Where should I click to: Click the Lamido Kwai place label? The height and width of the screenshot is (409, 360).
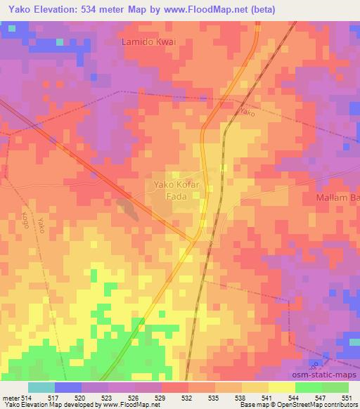click(x=148, y=42)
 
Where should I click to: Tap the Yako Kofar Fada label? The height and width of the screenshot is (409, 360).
click(x=176, y=191)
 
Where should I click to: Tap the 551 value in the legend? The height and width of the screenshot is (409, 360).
click(x=348, y=398)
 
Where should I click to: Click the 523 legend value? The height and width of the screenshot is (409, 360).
click(x=107, y=398)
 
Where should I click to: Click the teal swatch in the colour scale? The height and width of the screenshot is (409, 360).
click(x=41, y=387)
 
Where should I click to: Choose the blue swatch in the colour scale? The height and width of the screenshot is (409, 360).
click(x=67, y=387)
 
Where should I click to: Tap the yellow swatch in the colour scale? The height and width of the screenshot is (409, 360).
click(x=281, y=387)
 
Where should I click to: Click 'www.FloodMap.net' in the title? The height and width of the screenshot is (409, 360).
click(x=205, y=9)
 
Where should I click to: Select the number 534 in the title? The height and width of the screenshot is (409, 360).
click(x=96, y=9)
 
